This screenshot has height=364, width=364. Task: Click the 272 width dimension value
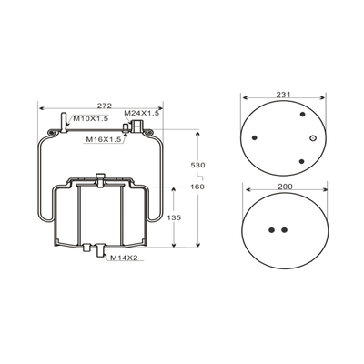point(105,106)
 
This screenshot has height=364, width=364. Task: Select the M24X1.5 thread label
point(142,113)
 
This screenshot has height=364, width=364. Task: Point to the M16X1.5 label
point(104,139)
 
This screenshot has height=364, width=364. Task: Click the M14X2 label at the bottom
point(124,258)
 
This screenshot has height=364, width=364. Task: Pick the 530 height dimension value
point(197,166)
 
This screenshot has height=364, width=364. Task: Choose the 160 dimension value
point(197,187)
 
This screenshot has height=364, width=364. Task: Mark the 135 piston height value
point(174,217)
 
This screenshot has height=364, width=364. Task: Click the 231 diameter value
point(283,95)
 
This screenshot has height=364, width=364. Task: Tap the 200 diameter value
point(286,187)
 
